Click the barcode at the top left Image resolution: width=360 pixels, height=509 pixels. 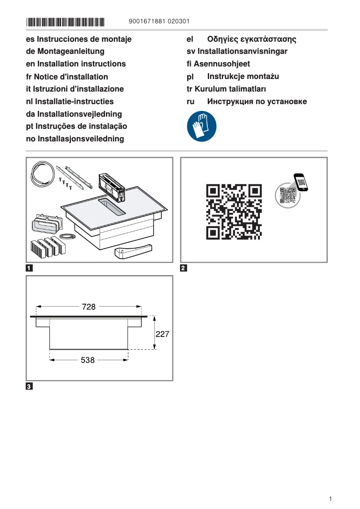click(65, 22)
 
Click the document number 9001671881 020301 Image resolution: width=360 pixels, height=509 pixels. click(159, 22)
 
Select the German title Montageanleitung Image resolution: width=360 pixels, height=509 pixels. click(65, 52)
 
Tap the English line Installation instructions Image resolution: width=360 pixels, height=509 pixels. click(76, 64)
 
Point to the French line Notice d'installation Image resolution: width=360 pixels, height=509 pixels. click(67, 77)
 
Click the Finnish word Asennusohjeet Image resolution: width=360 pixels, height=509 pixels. click(218, 64)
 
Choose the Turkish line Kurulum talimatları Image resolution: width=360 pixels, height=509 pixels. click(226, 89)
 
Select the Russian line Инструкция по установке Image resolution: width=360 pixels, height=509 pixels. click(257, 101)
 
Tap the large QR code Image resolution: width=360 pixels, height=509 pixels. click(234, 211)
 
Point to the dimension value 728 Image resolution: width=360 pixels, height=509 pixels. click(89, 307)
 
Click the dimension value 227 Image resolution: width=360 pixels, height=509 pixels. click(162, 334)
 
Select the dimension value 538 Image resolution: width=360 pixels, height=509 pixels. click(88, 360)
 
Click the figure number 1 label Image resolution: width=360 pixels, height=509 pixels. click(29, 269)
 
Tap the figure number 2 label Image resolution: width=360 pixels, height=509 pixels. click(183, 269)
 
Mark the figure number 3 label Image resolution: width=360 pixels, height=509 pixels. click(29, 386)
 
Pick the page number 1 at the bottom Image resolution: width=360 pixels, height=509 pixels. click(330, 499)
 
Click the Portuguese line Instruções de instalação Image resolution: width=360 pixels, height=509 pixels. click(76, 127)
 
